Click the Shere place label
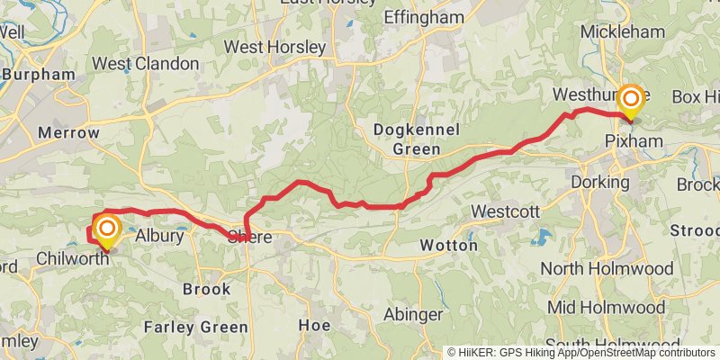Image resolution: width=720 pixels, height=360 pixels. (x=249, y=238)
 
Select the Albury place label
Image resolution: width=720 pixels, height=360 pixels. (x=159, y=237)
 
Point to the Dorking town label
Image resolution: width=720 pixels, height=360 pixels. (x=598, y=182)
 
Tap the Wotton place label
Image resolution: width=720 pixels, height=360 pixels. (x=448, y=245)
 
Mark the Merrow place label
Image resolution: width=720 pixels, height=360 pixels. (x=68, y=132)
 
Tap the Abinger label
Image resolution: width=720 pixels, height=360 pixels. (x=412, y=314)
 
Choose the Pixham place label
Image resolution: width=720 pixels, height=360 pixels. (x=634, y=141)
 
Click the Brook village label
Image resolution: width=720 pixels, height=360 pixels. (x=206, y=289)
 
